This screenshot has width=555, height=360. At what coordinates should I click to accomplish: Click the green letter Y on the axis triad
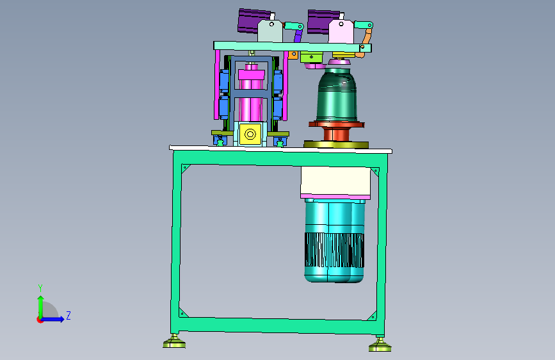pos(40,288)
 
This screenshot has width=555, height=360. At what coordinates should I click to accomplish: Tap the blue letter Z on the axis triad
pos(68,315)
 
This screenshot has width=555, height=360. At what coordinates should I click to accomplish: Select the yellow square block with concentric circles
pos(250,134)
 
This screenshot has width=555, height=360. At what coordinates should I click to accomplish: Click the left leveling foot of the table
pos(174,341)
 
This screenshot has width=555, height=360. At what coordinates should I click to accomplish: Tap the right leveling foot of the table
pos(380,345)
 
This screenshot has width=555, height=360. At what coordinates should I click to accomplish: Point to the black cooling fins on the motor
pos(335,250)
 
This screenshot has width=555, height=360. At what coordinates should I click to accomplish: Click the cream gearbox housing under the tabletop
pos(335,181)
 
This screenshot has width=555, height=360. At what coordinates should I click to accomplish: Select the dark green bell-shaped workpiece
pos(336,95)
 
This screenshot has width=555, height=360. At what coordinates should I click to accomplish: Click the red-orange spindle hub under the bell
pos(336,131)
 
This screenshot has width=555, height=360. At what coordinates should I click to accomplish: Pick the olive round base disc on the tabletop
pos(336,145)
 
